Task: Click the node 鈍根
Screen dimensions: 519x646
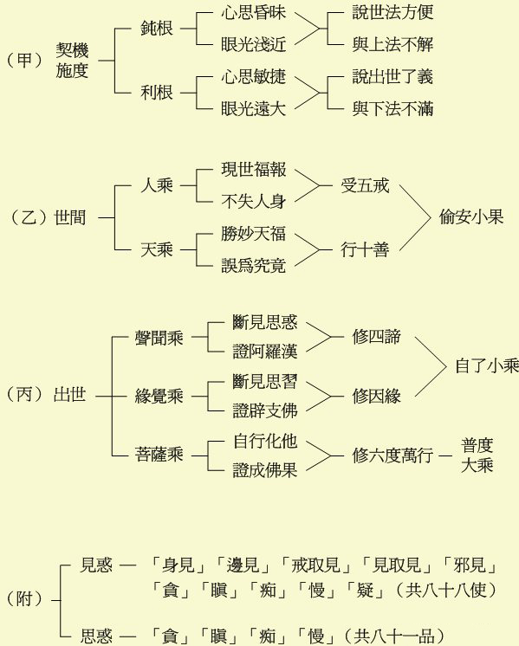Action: coord(156,29)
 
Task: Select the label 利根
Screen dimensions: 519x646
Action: coord(156,93)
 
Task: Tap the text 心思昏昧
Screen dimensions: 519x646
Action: coord(253,12)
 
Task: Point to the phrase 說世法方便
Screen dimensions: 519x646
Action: coord(392,12)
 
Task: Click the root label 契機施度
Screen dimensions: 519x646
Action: coord(72,61)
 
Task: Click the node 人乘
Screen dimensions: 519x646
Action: coord(156,185)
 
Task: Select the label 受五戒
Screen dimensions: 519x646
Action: coord(365,185)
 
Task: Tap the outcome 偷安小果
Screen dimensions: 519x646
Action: coord(471,216)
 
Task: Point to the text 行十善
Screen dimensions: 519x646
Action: coord(365,249)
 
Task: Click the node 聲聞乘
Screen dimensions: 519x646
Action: coord(159,338)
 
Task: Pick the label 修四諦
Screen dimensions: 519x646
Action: coord(376,337)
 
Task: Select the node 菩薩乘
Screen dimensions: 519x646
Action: coord(159,455)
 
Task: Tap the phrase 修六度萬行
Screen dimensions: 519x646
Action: coord(392,455)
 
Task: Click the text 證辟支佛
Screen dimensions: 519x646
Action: coord(264,410)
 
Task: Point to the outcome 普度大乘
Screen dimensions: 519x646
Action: coord(477,455)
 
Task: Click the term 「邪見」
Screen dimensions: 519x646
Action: coord(470,565)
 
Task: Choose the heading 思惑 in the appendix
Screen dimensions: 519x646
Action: coord(96,636)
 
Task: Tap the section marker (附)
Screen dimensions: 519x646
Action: coord(25,598)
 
